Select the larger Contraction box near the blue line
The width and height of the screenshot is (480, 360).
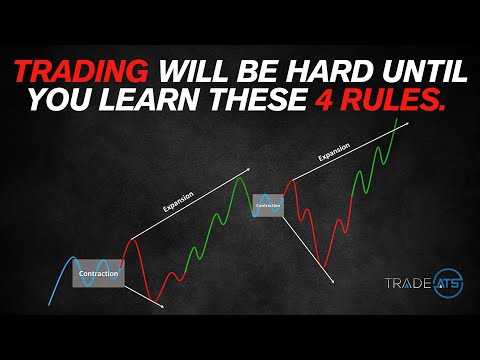[97, 272]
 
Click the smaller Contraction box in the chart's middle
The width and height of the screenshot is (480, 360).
[268, 206]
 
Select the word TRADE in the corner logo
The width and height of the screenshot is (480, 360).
[405, 284]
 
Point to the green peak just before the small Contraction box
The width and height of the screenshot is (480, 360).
[240, 177]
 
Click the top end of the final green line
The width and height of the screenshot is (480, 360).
[409, 119]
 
